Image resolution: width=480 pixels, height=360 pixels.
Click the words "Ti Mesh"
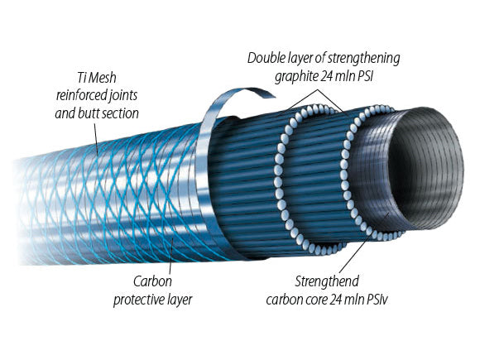tap(97, 78)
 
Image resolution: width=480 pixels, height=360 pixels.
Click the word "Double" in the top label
tap(263, 58)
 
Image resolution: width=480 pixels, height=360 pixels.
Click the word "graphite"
tap(296, 76)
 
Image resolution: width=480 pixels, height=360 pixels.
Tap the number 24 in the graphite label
tap(327, 76)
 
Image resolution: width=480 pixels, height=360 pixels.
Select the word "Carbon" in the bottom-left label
tap(152, 281)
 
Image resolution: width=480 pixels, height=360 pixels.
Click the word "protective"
tap(137, 300)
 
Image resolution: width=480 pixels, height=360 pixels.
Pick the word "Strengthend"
tap(327, 281)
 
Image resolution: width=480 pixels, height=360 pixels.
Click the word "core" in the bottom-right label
tap(316, 300)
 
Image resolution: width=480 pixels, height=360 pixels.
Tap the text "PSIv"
tap(377, 300)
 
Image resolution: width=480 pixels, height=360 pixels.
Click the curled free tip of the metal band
tap(273, 97)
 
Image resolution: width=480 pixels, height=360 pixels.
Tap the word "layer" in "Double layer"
tap(296, 59)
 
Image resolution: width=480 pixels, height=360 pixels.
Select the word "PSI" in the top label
tap(365, 76)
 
